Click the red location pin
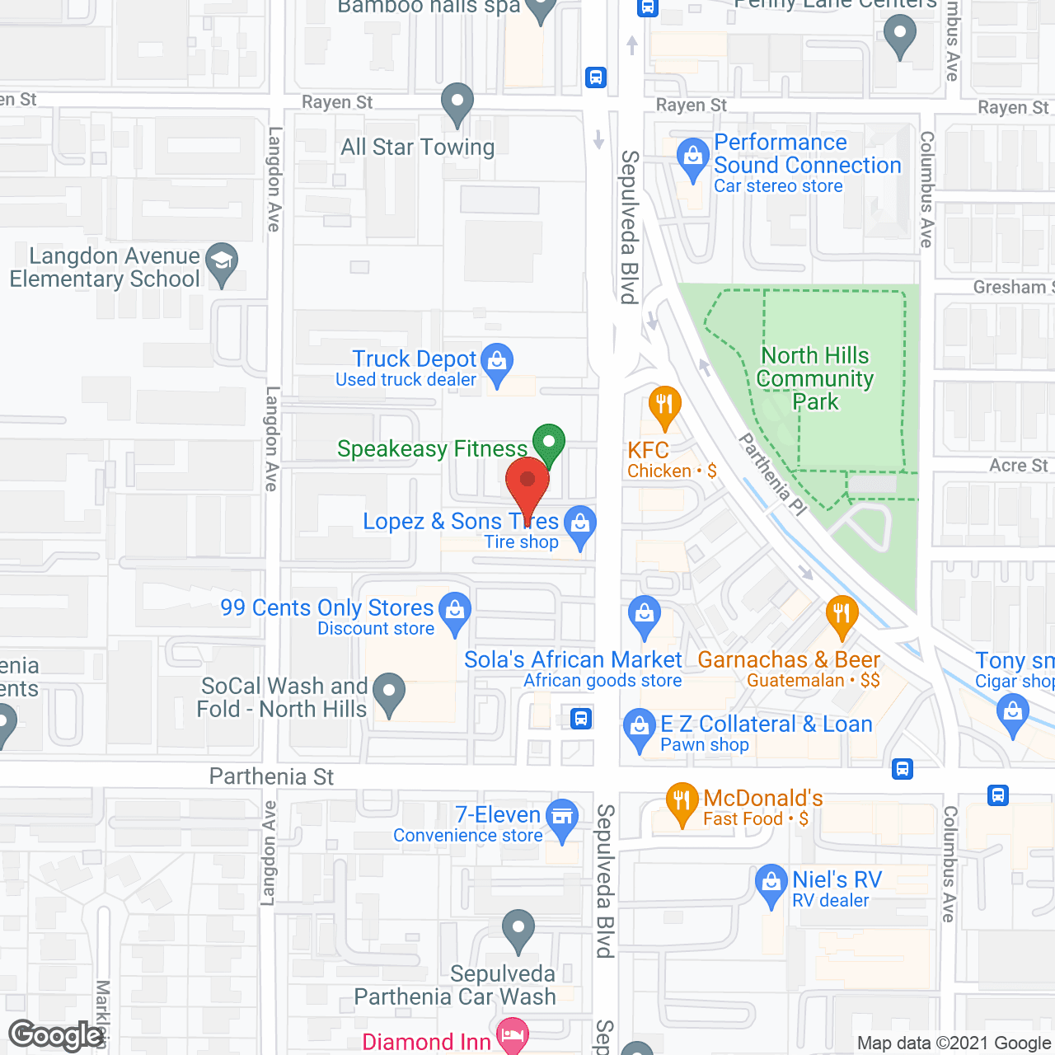point(527,481)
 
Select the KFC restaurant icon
point(664,406)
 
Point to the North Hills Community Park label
point(815,378)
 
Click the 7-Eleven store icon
point(562,818)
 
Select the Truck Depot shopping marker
point(497,363)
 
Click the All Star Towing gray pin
point(457,103)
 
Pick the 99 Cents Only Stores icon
point(454,612)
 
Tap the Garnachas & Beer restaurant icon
point(842,615)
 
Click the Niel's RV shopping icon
point(771,884)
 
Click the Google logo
point(56,1035)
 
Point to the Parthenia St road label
point(271,776)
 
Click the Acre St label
point(1019,465)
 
